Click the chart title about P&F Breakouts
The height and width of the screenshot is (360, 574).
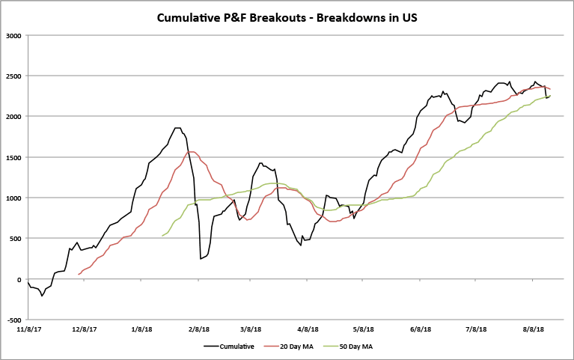tap(287, 16)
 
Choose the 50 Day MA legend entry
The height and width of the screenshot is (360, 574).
tap(367, 346)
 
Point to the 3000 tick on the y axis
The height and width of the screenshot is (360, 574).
tap(13, 35)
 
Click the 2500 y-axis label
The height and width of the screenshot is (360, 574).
tap(13, 76)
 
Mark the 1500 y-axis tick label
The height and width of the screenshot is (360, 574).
tap(13, 157)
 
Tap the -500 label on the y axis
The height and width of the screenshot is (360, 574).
tap(13, 320)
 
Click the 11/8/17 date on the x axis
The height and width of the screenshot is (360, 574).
tap(28, 329)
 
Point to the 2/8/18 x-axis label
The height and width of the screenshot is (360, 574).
tap(198, 329)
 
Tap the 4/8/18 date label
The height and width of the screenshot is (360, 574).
tap(308, 329)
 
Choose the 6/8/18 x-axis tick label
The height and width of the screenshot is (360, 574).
tap(421, 329)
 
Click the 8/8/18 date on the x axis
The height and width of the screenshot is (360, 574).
tap(534, 329)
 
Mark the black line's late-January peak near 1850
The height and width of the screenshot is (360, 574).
tap(177, 128)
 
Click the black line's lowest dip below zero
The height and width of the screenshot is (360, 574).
tap(42, 296)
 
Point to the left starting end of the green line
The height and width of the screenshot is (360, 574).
tap(162, 236)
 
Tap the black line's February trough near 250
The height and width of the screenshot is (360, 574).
tap(201, 259)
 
